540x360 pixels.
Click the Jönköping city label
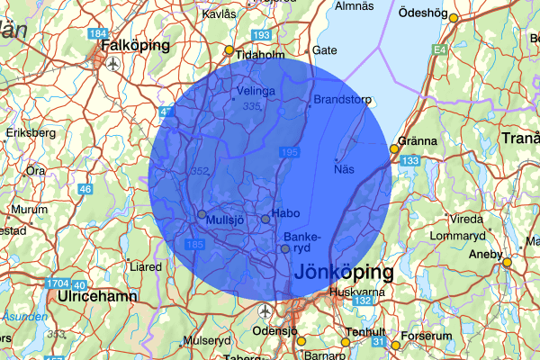click(343, 272)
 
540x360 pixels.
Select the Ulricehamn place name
click(96, 296)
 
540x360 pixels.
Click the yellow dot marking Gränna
click(393, 149)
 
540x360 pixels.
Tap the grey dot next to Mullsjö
click(201, 215)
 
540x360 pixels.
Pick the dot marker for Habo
click(265, 219)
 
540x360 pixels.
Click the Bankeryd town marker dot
click(285, 248)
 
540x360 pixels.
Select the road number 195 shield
click(289, 153)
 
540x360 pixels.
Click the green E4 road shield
click(440, 51)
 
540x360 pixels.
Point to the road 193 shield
click(262, 35)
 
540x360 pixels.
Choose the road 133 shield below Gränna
click(410, 160)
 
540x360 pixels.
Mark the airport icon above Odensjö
click(265, 310)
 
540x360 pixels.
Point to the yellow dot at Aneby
click(508, 262)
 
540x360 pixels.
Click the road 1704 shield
click(55, 284)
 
